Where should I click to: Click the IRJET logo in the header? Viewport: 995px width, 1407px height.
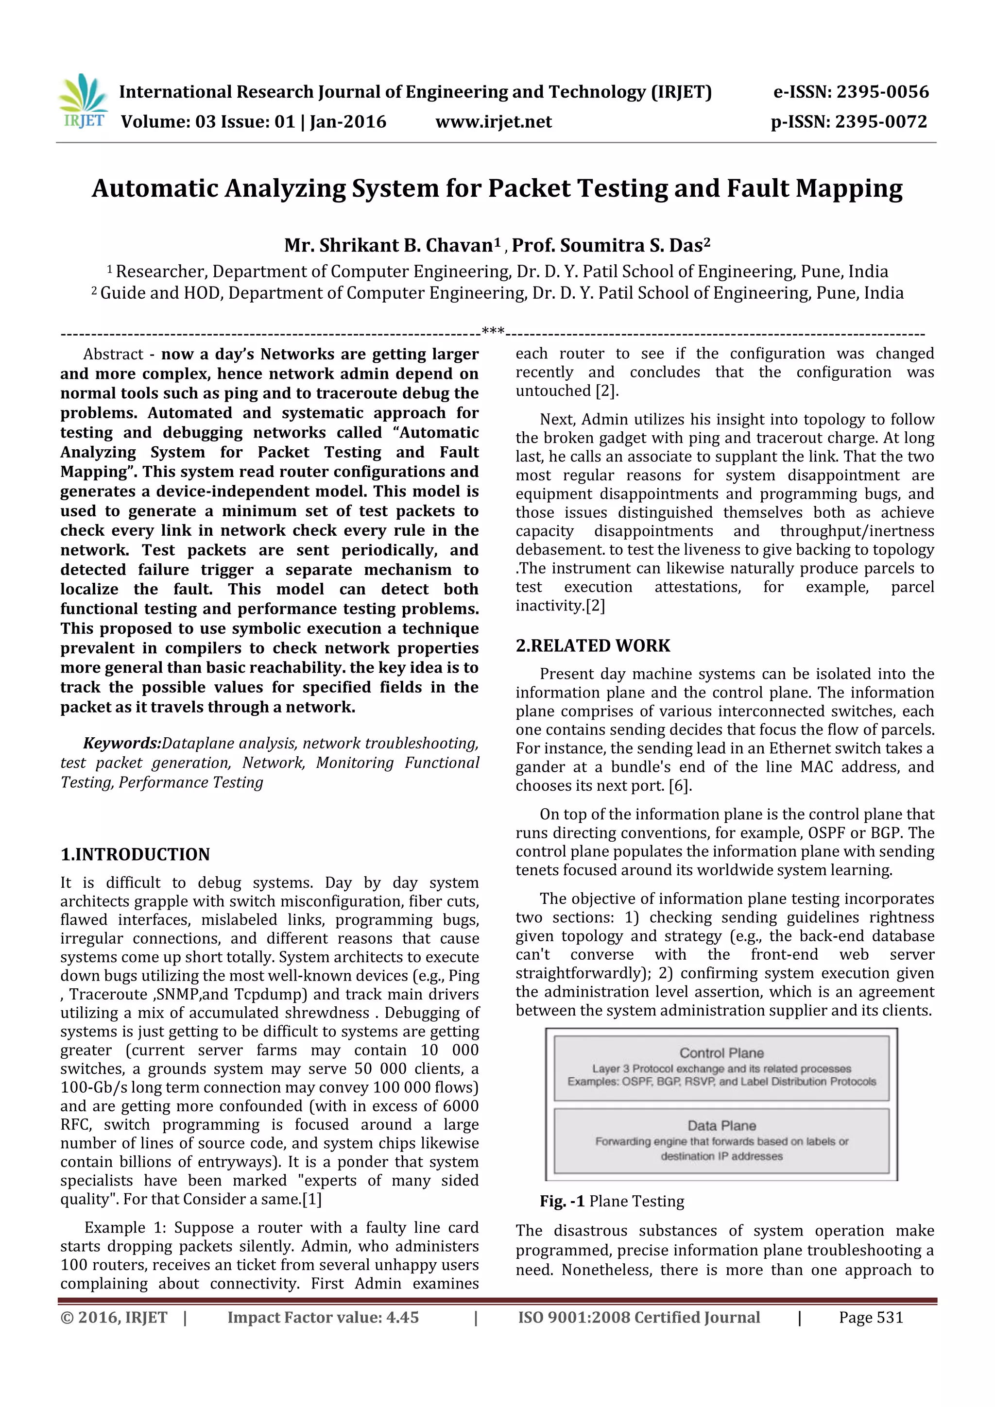pos(82,101)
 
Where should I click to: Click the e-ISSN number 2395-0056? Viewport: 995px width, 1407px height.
pos(882,93)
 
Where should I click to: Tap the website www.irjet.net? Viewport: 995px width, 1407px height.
pos(494,122)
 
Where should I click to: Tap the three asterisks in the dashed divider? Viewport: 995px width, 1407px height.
pos(493,332)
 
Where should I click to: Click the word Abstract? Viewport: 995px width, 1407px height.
pos(113,354)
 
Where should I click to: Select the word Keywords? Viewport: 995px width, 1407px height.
pos(122,744)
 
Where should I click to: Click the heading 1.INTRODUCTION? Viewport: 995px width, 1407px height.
pos(135,854)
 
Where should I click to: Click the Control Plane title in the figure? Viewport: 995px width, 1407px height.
pos(721,1053)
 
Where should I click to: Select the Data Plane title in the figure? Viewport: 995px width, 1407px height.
pos(721,1126)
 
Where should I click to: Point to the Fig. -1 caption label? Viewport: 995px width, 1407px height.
pos(562,1202)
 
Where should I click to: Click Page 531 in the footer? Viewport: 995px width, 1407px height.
pos(871,1318)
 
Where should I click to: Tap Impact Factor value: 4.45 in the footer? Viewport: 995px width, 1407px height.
pos(323,1318)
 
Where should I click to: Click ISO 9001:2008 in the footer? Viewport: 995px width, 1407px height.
pos(573,1318)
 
